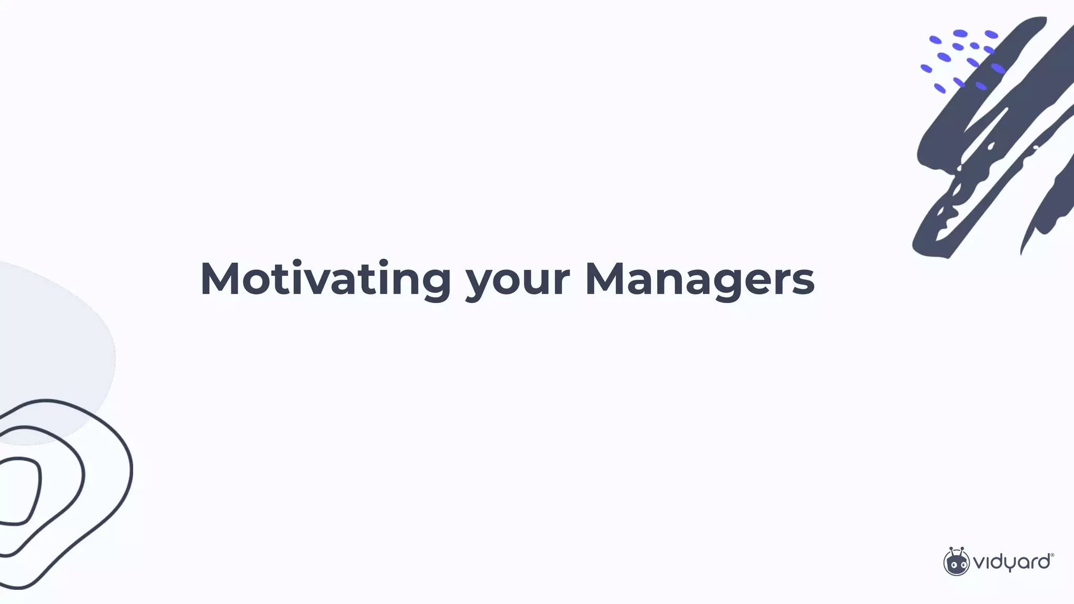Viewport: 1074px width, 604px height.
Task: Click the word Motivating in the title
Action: point(325,279)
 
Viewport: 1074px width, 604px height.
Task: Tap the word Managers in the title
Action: point(700,279)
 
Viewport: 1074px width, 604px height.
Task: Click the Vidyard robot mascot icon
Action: point(956,562)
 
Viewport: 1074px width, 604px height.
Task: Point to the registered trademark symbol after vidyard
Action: point(1052,555)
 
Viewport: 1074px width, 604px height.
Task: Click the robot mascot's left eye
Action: point(951,565)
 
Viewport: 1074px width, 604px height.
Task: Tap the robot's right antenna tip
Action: point(962,549)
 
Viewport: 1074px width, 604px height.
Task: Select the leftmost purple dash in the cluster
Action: point(926,69)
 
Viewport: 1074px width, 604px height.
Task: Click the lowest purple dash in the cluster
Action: point(940,89)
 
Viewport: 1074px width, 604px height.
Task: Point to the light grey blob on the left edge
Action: point(52,346)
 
